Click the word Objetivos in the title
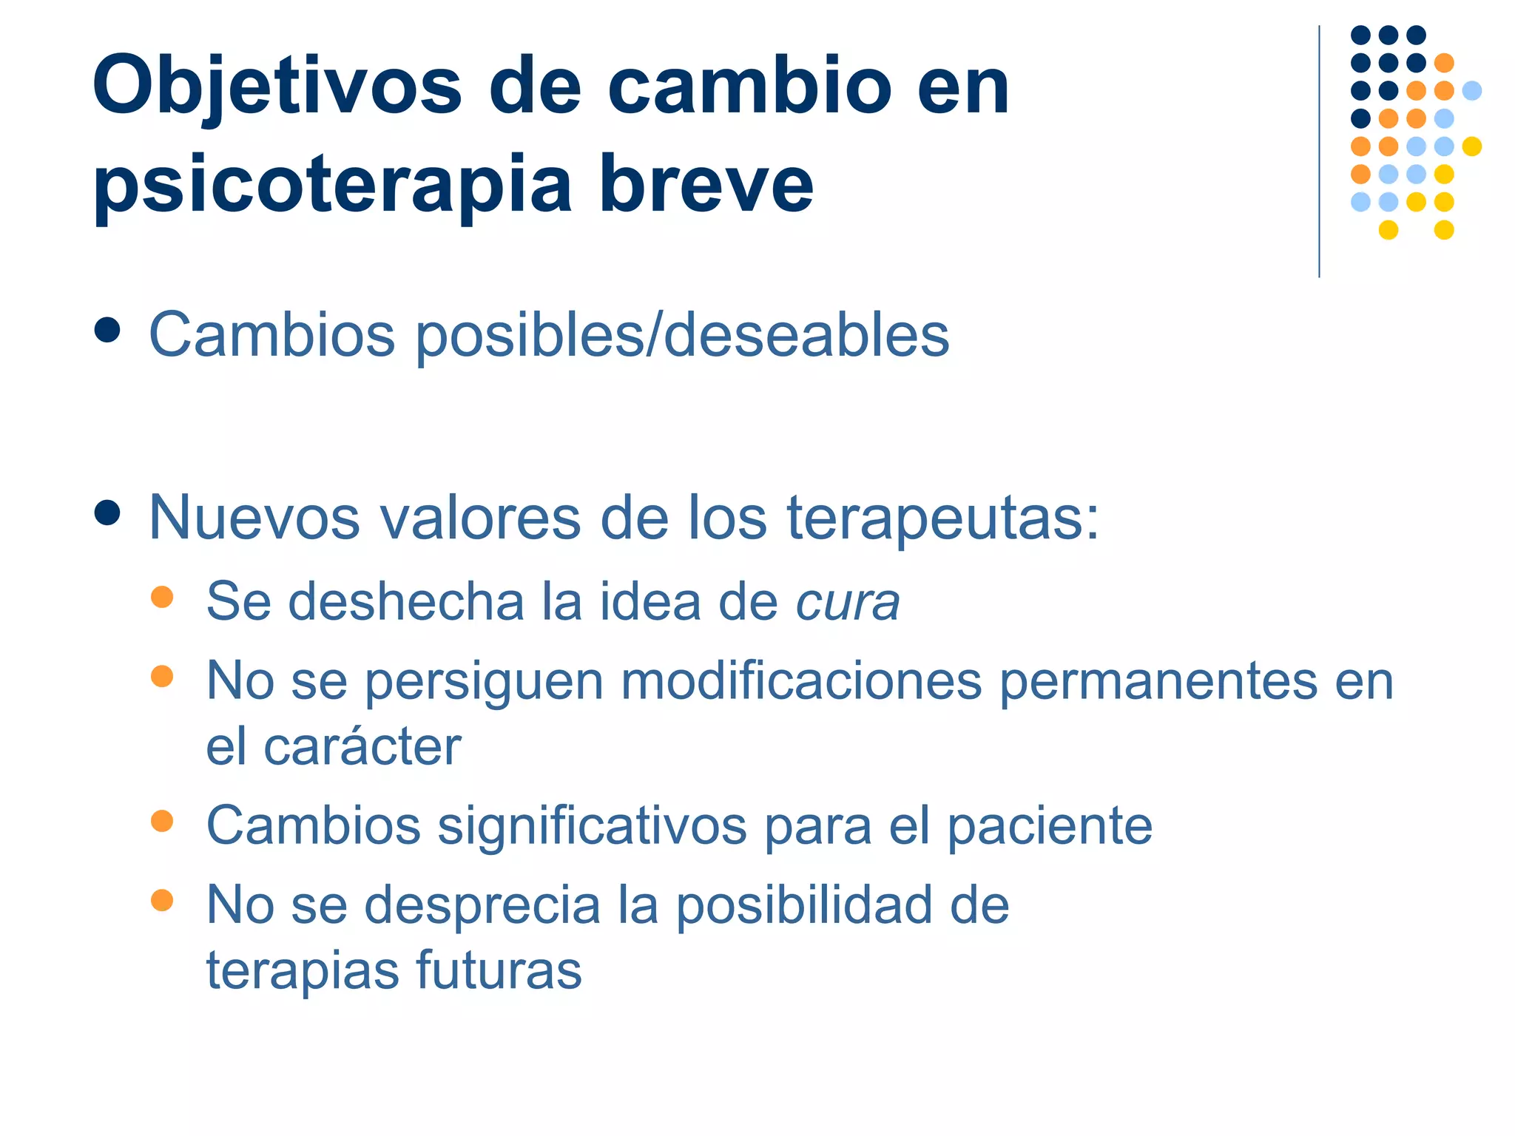[277, 87]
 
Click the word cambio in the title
[750, 87]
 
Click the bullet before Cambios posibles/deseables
[108, 331]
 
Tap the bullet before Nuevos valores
[108, 513]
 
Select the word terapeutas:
[942, 518]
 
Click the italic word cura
[847, 602]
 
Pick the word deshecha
[405, 601]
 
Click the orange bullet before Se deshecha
[162, 597]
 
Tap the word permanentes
[1158, 680]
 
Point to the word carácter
[362, 746]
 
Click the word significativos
[592, 825]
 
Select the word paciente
[1050, 826]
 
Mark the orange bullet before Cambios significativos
[162, 821]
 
